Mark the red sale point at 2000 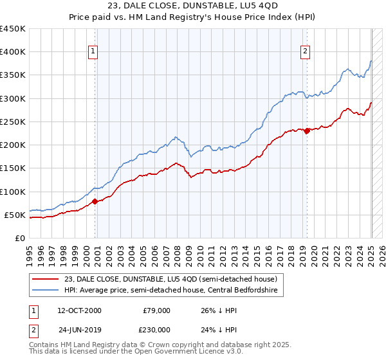pos(95,201)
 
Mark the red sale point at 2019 pos(307,130)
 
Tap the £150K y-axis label pos(13,168)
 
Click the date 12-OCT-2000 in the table pos(79,310)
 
